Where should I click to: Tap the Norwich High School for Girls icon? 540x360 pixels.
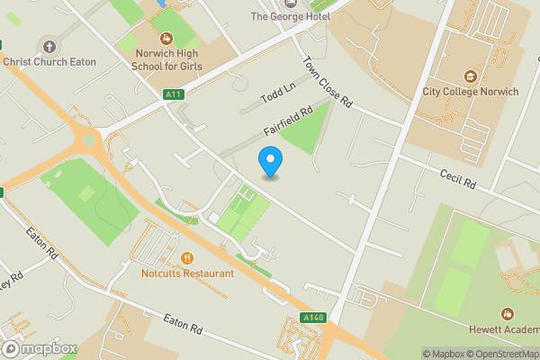click(166, 39)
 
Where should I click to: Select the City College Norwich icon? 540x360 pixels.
click(469, 76)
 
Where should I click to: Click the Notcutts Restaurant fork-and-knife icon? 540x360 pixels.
click(187, 258)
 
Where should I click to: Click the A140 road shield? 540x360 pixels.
click(313, 318)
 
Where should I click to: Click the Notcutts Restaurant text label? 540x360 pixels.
click(187, 274)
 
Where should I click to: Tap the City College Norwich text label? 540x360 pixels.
click(470, 92)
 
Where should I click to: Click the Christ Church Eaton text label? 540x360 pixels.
click(49, 62)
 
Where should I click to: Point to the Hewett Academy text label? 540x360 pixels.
click(505, 329)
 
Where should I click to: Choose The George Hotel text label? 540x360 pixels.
click(290, 16)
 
